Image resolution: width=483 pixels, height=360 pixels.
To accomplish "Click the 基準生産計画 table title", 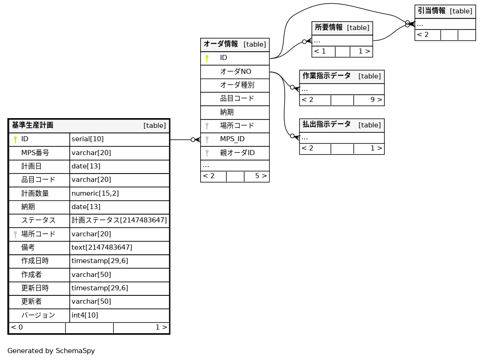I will coord(33,126).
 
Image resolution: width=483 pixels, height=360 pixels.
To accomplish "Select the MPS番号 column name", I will coord(35,153).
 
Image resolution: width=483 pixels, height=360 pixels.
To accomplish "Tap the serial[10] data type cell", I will coord(88,139).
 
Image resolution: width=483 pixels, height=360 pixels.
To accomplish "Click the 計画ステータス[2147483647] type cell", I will coord(119,220).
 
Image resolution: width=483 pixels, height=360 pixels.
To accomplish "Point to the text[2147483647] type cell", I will coord(101,247).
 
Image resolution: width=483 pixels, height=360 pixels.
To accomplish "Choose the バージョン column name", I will coord(38,315).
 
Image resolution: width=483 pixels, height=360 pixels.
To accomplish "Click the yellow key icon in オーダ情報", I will coord(207,58).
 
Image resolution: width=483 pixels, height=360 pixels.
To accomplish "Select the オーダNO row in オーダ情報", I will coord(235,72).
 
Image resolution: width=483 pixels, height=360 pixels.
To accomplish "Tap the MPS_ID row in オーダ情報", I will coord(232,139).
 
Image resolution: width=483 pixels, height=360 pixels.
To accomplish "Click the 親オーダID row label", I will coord(237,153).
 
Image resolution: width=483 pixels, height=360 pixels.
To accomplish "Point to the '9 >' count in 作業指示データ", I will coord(376,100).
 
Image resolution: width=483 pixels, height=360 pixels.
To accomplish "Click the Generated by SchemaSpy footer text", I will coord(51,351).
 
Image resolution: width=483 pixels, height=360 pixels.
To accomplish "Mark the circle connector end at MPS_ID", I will coord(193,139).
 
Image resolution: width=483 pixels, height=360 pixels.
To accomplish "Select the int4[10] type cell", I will coord(85,315).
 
